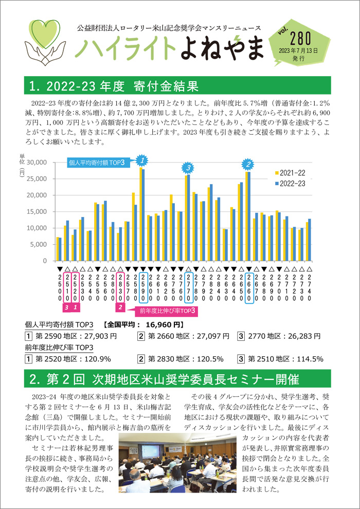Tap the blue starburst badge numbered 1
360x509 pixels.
(x=141, y=159)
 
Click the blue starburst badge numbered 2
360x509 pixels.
(x=248, y=164)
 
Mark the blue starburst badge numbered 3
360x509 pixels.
(x=188, y=168)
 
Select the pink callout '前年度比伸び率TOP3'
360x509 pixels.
(x=166, y=311)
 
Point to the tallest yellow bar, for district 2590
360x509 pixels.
(x=141, y=214)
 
